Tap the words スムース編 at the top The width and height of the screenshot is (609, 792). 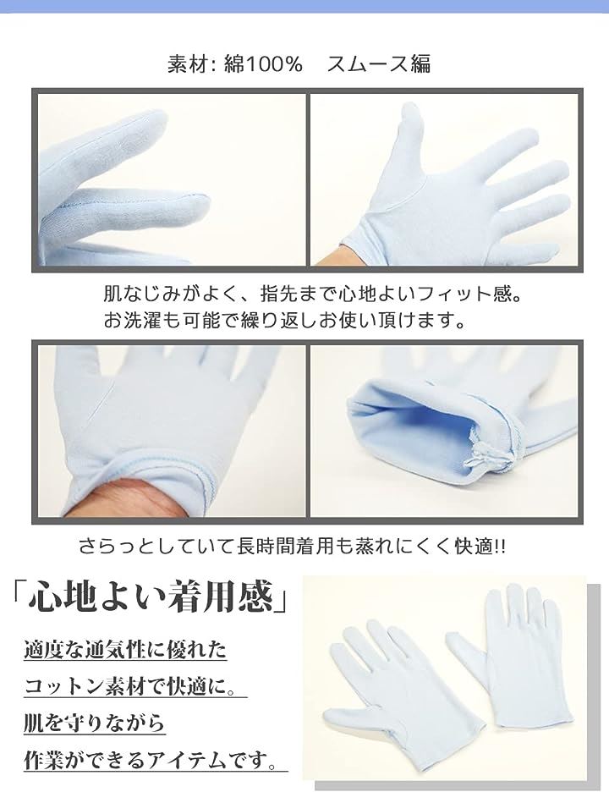[x=379, y=64]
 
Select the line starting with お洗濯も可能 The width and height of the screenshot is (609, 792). [x=284, y=320]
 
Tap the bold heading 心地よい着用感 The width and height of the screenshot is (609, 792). [x=151, y=597]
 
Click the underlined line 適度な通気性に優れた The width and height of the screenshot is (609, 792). [x=125, y=650]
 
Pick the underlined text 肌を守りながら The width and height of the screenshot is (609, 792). [x=95, y=723]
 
